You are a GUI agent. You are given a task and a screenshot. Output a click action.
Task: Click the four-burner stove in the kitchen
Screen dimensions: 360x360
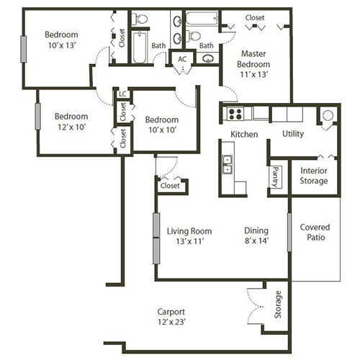coord(236,113)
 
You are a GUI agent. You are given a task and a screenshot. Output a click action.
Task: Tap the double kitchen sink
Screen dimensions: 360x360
coord(228,165)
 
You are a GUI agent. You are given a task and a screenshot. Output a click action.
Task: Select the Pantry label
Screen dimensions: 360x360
coord(275,176)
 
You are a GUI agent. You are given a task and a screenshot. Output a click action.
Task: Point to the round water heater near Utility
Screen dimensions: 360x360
coord(328,115)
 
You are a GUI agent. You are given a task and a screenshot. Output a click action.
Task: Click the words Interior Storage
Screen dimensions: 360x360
coord(314,175)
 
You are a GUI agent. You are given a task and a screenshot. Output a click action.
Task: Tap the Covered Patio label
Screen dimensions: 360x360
coord(315,231)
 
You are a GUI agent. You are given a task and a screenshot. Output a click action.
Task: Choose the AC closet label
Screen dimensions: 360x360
coord(182,59)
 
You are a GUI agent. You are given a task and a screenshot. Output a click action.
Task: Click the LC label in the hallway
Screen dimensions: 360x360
coord(122,94)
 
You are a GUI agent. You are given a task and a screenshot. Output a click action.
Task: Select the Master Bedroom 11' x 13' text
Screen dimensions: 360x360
coord(256,63)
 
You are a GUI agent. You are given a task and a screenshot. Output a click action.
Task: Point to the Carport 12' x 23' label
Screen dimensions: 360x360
coord(176,317)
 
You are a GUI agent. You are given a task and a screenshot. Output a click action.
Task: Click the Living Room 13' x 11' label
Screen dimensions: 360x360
coord(189,236)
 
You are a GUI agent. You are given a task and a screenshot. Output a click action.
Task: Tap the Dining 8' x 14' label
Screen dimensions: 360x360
coord(256,236)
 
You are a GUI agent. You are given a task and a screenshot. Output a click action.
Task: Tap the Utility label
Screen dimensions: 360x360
coord(292,134)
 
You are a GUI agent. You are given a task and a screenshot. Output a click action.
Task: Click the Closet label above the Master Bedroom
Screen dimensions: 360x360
coord(254,17)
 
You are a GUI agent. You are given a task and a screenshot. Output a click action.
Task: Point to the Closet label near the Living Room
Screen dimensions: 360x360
coord(170,186)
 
